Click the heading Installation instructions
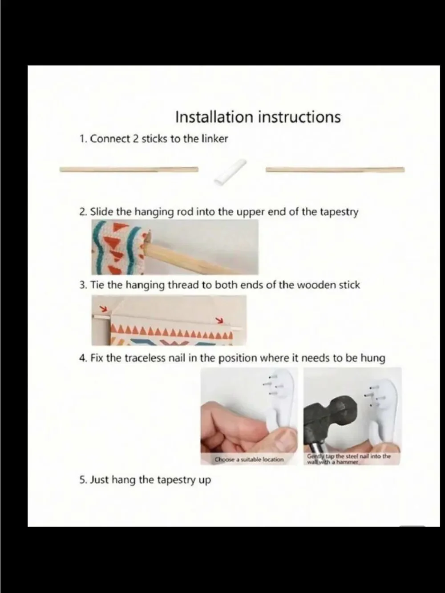[x=258, y=117]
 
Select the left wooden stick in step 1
[x=129, y=169]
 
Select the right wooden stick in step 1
[x=335, y=169]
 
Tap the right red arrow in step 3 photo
[x=219, y=320]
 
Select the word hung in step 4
[x=375, y=359]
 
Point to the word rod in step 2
[x=185, y=212]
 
